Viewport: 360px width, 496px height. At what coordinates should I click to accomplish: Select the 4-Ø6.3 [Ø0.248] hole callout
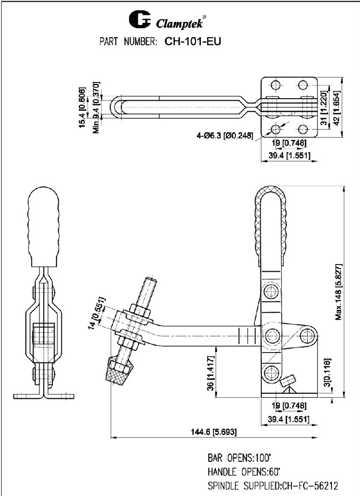click(224, 135)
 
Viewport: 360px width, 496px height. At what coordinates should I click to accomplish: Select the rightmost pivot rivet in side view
click(307, 334)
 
